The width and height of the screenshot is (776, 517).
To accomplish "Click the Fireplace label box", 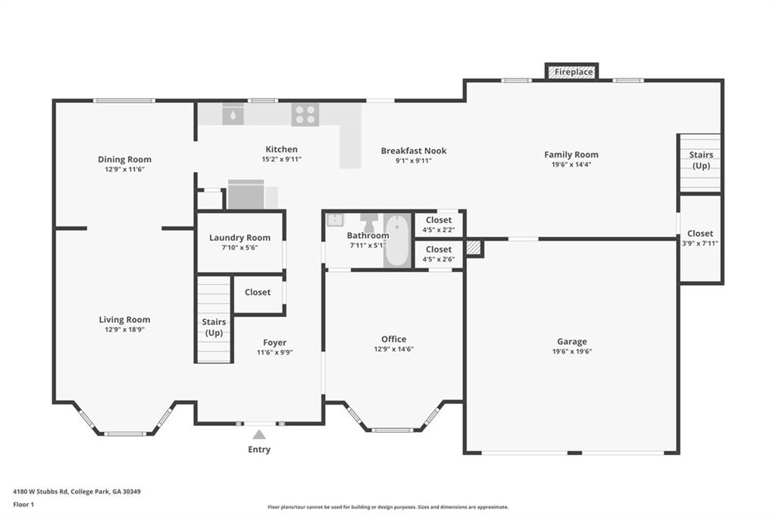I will [x=572, y=72].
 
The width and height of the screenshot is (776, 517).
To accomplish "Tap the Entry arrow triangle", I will [x=259, y=434].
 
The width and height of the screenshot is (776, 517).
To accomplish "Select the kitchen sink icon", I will [x=233, y=114].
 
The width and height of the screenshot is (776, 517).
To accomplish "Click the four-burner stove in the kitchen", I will [x=305, y=114].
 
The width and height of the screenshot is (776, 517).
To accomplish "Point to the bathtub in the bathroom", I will [x=396, y=240].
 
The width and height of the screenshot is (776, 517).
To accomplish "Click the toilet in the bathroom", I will [x=369, y=222].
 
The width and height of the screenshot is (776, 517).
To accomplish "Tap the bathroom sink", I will [x=335, y=220].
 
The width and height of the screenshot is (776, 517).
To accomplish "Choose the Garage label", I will [x=571, y=342].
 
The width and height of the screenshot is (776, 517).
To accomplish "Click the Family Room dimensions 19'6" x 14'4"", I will [x=571, y=164].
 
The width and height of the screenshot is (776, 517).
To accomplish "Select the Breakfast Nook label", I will [x=414, y=151].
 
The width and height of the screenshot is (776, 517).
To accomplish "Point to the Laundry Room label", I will [x=239, y=237].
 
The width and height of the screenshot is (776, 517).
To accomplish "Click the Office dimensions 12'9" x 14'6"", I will [x=393, y=349].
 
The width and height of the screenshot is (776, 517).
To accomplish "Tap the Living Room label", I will [x=124, y=320].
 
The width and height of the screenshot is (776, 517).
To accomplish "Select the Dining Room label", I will [x=124, y=159].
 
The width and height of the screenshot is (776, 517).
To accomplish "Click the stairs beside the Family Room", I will [x=700, y=163].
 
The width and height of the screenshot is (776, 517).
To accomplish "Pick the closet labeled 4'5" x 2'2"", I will [x=438, y=224].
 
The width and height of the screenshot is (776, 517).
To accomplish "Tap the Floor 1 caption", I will [x=23, y=504].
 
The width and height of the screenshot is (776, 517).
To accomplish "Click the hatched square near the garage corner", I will [x=473, y=248].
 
